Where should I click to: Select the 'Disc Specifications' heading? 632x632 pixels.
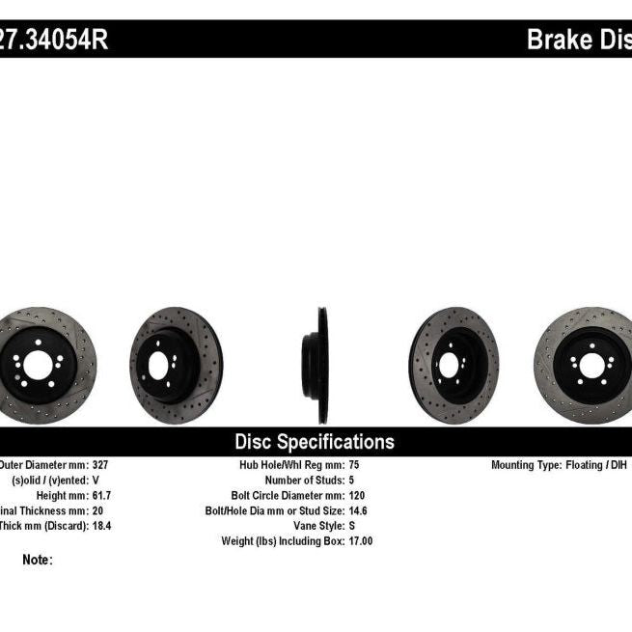pyautogui.click(x=315, y=442)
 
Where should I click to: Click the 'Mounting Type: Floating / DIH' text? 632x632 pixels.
pyautogui.click(x=561, y=464)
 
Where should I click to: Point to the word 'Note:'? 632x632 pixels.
pyautogui.click(x=37, y=560)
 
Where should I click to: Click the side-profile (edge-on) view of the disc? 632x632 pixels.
pyautogui.click(x=318, y=365)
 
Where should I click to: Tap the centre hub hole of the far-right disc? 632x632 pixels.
pyautogui.click(x=589, y=365)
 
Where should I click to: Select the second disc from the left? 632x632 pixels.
pyautogui.click(x=176, y=365)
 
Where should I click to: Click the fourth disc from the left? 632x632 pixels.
pyautogui.click(x=453, y=365)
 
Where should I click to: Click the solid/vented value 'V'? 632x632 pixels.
pyautogui.click(x=96, y=480)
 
